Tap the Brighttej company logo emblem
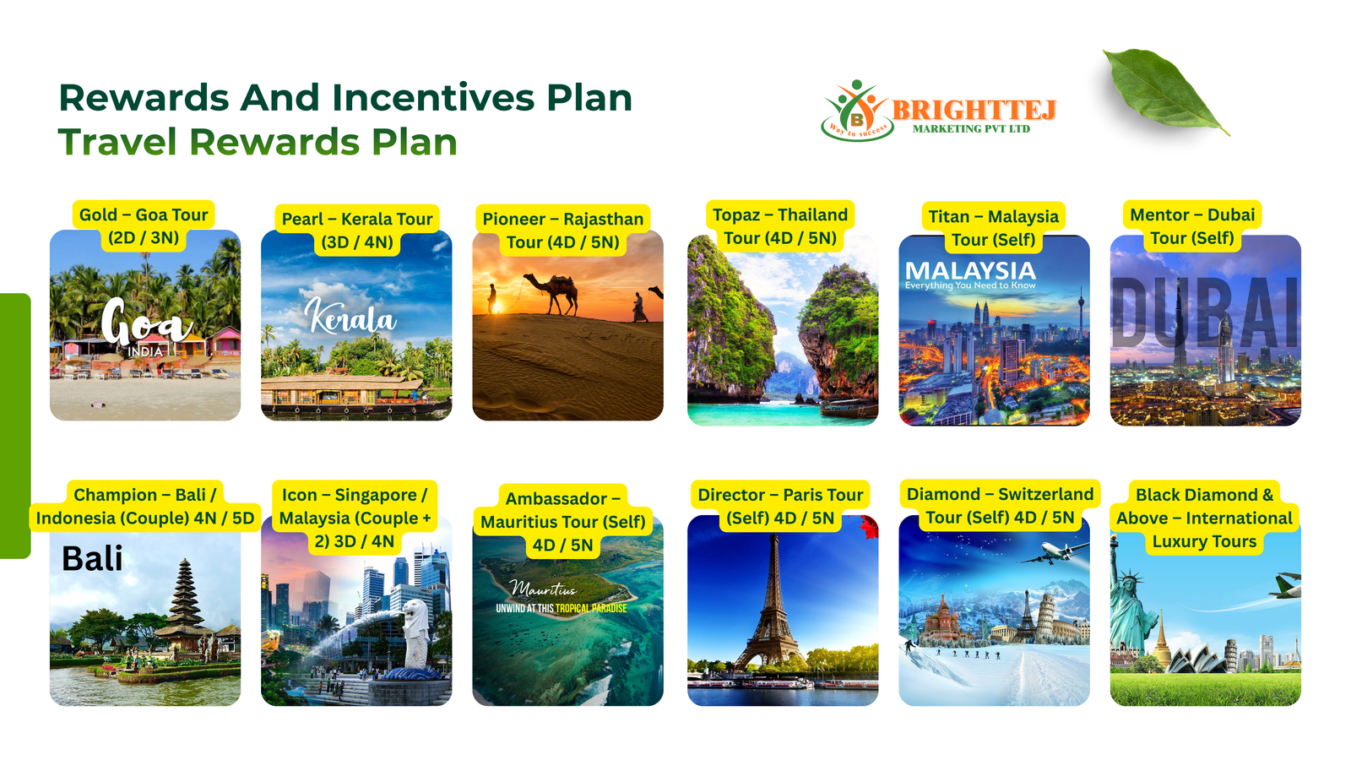click(x=857, y=111)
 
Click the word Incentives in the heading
click(x=434, y=97)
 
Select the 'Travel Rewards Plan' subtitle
click(x=258, y=143)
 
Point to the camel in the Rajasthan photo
click(x=551, y=293)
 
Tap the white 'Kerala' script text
click(x=350, y=316)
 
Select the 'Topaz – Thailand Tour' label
click(x=780, y=226)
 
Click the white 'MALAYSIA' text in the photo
click(x=970, y=271)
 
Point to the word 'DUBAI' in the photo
click(x=1205, y=312)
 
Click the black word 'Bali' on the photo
click(x=92, y=558)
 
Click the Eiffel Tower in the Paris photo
click(x=773, y=603)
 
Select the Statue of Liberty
click(x=1129, y=603)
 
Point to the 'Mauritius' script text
click(x=543, y=588)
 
